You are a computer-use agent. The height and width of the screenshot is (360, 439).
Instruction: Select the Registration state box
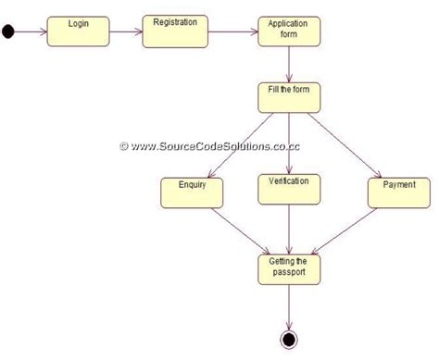pyautogui.click(x=174, y=30)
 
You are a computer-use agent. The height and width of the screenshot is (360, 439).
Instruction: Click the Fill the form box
pyautogui.click(x=289, y=97)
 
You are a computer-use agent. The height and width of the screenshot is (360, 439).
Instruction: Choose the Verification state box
pyautogui.click(x=289, y=189)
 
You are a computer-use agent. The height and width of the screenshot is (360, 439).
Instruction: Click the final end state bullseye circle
pyautogui.click(x=290, y=340)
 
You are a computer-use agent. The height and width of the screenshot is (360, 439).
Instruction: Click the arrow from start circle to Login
pyautogui.click(x=30, y=32)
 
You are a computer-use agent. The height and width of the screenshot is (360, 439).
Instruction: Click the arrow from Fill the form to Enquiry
pyautogui.click(x=245, y=143)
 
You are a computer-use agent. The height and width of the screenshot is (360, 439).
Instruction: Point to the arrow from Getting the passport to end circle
pyautogui.click(x=290, y=306)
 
